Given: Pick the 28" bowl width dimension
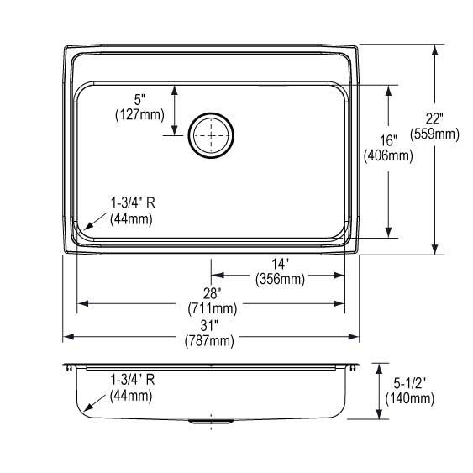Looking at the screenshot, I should [212, 293].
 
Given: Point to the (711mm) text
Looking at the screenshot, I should [212, 308].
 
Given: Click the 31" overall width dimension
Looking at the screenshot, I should [212, 324].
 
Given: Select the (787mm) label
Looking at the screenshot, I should [212, 340].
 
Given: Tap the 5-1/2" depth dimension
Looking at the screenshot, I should [409, 383].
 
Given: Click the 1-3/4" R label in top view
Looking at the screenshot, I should [132, 203].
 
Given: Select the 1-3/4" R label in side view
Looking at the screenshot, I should [132, 380].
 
